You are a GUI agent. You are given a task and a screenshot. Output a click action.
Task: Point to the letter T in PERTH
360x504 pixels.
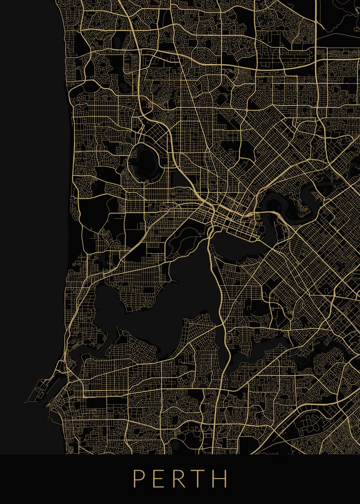pyautogui.click(x=200, y=478)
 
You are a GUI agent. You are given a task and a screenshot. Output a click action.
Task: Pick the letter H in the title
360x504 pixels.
pyautogui.click(x=221, y=478)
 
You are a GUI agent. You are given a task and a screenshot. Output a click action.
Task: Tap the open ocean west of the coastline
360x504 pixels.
pyautogui.click(x=29, y=210)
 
